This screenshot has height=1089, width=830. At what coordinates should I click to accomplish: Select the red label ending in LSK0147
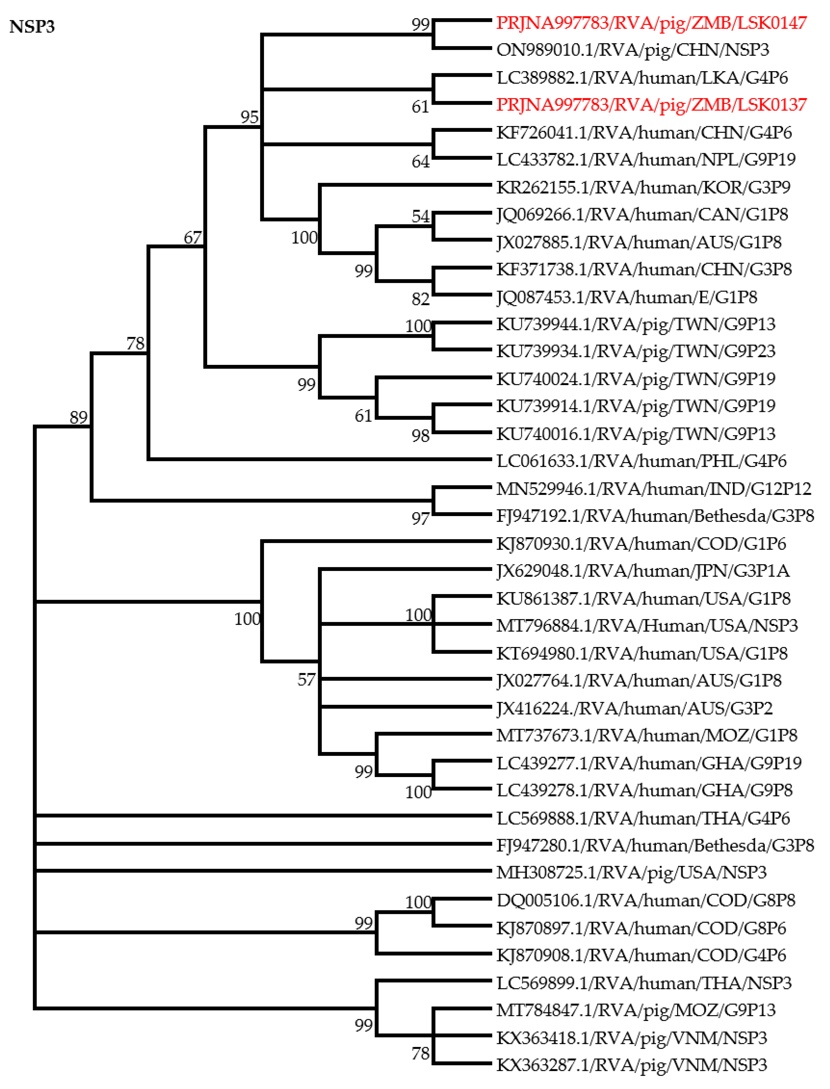click(x=651, y=23)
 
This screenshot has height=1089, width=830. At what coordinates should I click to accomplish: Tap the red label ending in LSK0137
click(x=651, y=105)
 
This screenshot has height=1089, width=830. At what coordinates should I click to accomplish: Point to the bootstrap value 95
click(x=249, y=117)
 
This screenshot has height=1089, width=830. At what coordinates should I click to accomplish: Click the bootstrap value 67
click(x=193, y=238)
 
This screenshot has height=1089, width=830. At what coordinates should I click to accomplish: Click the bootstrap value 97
click(x=420, y=519)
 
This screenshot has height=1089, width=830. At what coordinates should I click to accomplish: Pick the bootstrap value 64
click(x=420, y=162)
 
